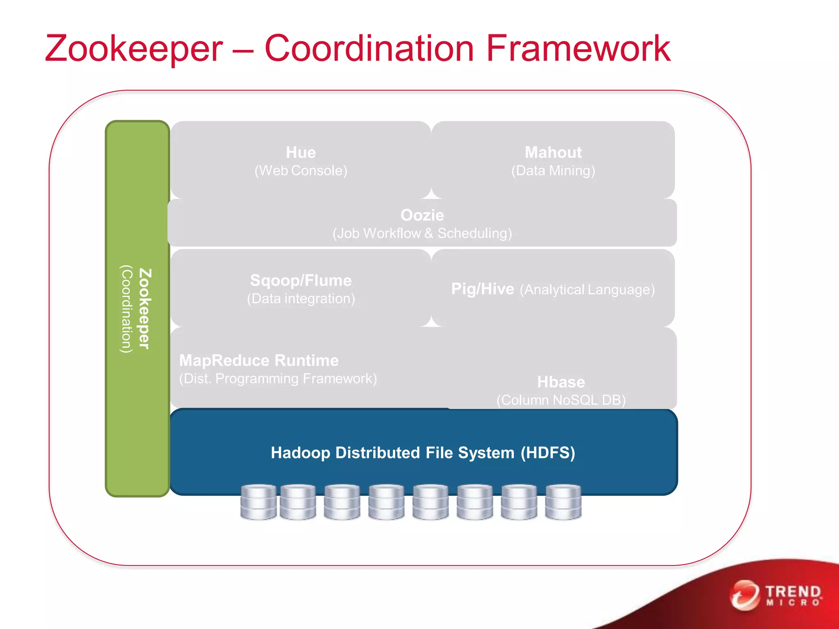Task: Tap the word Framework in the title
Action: coord(578,49)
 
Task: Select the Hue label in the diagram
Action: coord(301,152)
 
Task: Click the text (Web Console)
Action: coord(301,171)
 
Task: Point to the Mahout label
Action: coord(553,152)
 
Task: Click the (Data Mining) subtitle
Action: coord(553,171)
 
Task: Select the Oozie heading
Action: coord(422,215)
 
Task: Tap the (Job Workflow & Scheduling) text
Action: coord(422,233)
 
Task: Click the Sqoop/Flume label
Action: coord(301,281)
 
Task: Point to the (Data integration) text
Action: coord(301,299)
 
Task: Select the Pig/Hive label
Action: coord(482,289)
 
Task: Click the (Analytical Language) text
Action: coord(587,290)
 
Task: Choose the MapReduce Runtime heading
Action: coord(259,360)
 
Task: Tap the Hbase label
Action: coord(561,382)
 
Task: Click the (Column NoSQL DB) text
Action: coord(561,400)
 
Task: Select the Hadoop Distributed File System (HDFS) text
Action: coord(423,453)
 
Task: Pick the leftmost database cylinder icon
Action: coord(258,502)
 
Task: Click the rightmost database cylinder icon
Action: coord(563,502)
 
